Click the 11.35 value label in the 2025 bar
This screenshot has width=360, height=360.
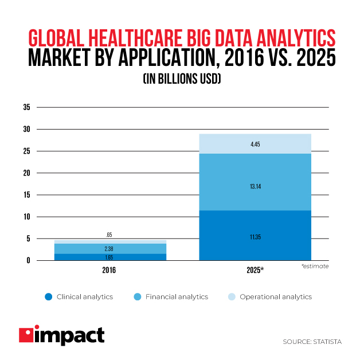(256, 236)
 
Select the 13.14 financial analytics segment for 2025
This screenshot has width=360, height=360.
(256, 186)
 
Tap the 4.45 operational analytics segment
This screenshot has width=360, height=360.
(256, 144)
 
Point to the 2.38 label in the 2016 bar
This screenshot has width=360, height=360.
(109, 248)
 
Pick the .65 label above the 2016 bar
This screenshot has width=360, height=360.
(109, 235)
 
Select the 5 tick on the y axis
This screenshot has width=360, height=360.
(28, 239)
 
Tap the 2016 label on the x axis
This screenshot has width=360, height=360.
(109, 269)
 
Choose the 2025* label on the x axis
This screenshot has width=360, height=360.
(255, 269)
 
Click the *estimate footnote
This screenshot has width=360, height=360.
(315, 267)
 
